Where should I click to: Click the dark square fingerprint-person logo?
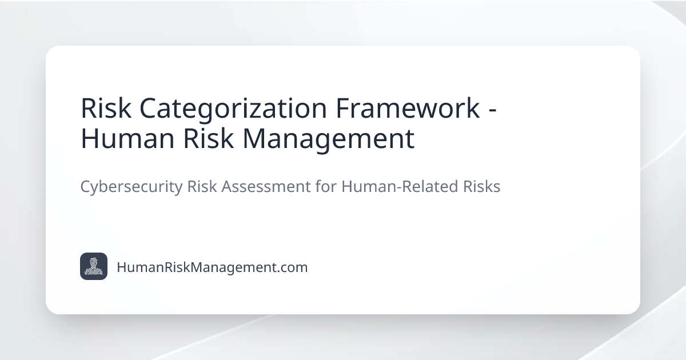[x=94, y=266]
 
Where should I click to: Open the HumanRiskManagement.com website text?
[x=212, y=267]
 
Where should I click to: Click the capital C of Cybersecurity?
[x=85, y=187]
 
